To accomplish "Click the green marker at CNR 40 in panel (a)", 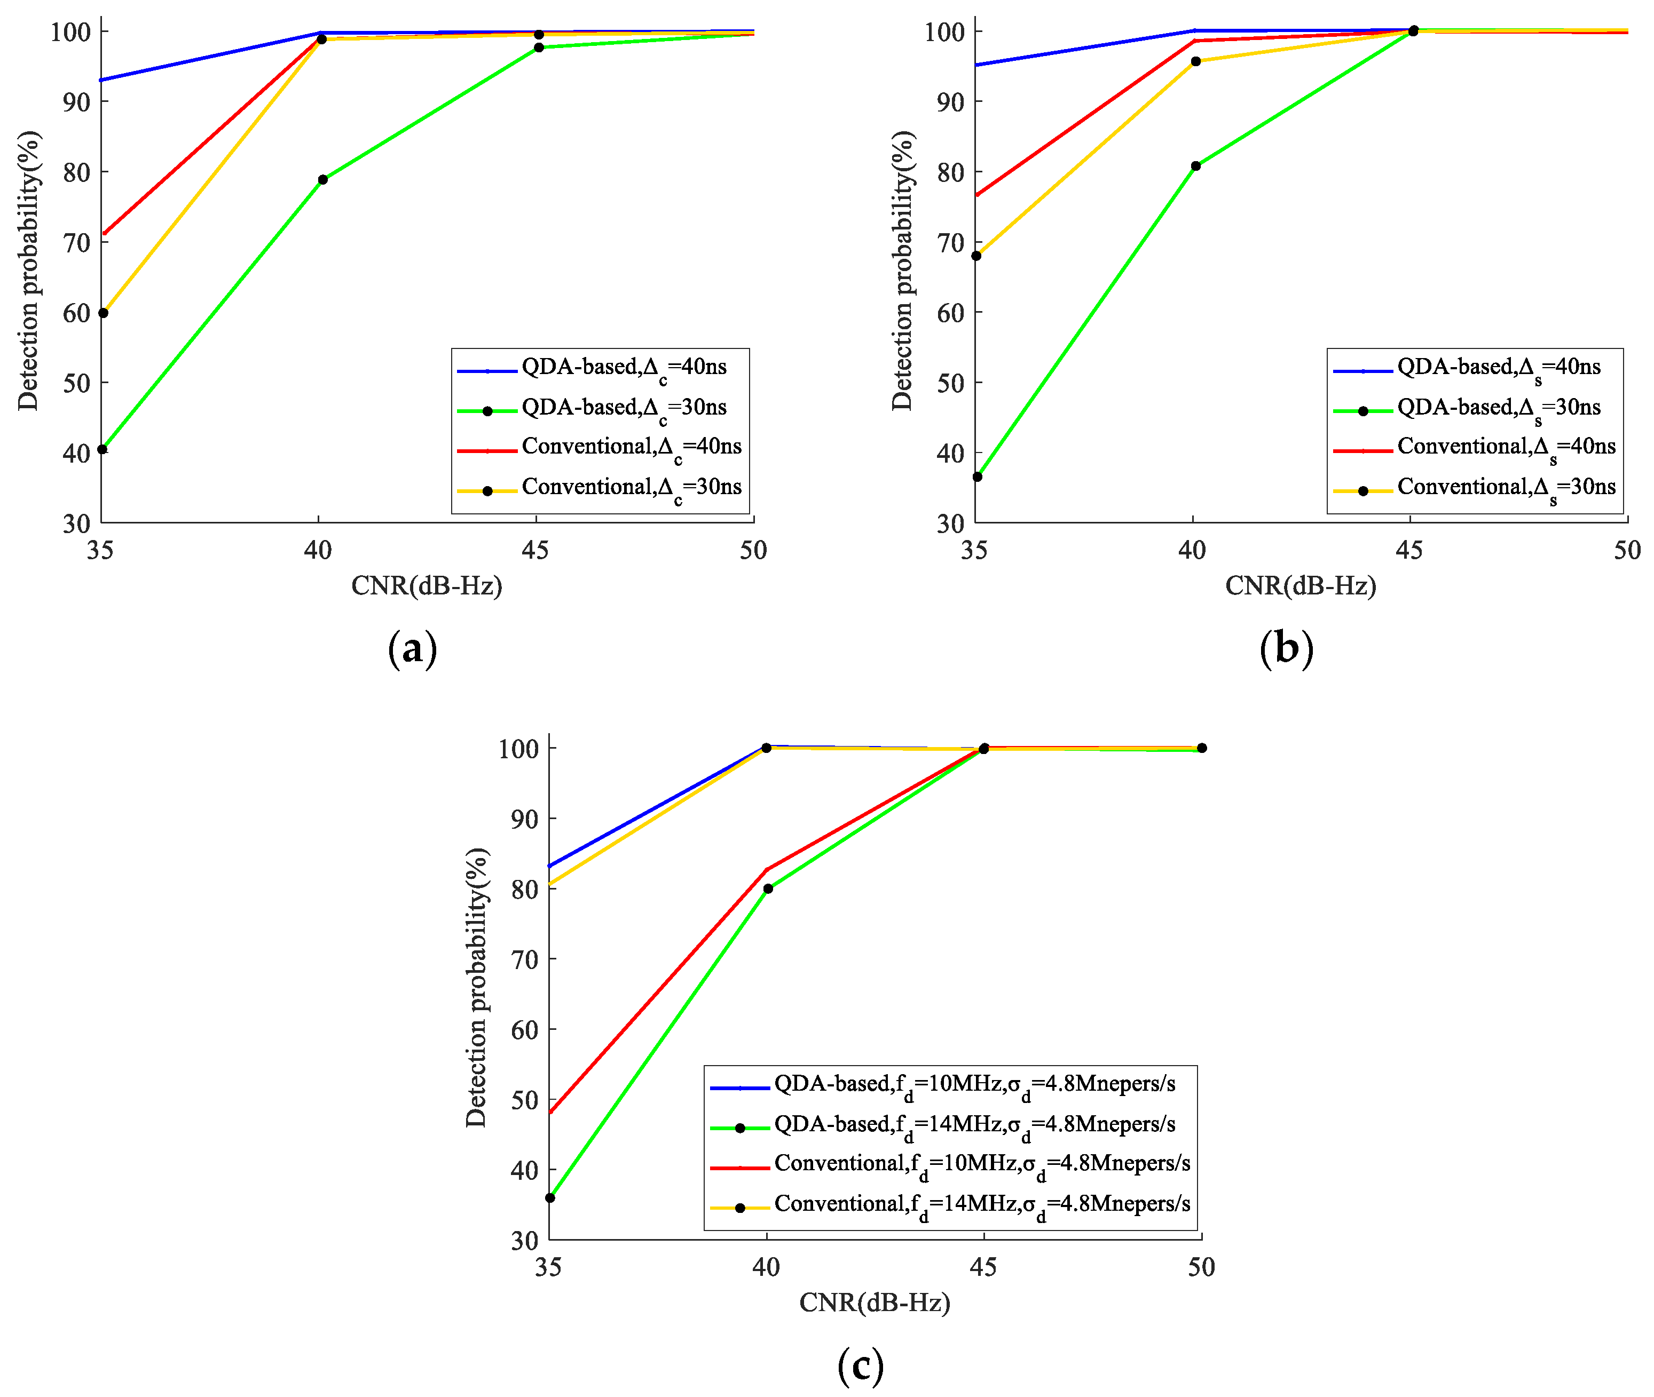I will [322, 180].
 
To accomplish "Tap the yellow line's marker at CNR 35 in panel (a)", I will [103, 313].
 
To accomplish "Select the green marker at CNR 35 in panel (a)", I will [102, 450].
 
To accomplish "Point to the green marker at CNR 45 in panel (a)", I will [539, 47].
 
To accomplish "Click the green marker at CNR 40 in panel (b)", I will [1195, 166].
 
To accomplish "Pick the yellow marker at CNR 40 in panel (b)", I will [1195, 62].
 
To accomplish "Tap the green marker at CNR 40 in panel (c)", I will [768, 888].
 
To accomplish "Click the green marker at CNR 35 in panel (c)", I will [550, 1198].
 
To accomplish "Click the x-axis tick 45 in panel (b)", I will [1409, 550].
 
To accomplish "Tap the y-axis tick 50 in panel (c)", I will [524, 1100].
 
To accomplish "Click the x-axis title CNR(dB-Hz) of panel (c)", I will [874, 1302].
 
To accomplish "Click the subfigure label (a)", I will [412, 649].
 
